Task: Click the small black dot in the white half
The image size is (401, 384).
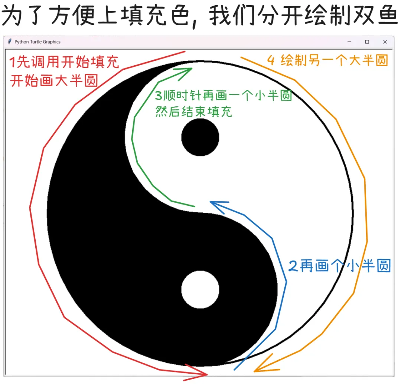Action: click(200, 137)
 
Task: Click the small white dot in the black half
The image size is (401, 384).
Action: click(200, 289)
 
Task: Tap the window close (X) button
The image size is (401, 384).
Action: click(385, 42)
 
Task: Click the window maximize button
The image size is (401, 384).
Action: click(367, 42)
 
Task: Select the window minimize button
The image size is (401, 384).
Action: click(349, 42)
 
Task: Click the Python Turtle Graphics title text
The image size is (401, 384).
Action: click(37, 42)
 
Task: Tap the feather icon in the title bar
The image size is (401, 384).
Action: click(10, 42)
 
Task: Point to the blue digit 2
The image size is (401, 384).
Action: click(293, 266)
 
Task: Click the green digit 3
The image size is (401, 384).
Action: click(159, 96)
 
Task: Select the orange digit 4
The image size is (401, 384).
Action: click(271, 60)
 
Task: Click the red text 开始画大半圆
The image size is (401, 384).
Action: click(54, 80)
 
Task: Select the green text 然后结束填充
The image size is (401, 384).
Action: click(193, 112)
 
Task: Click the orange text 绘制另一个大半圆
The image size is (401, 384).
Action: click(334, 60)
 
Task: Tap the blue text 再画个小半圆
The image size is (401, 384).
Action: click(345, 266)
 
